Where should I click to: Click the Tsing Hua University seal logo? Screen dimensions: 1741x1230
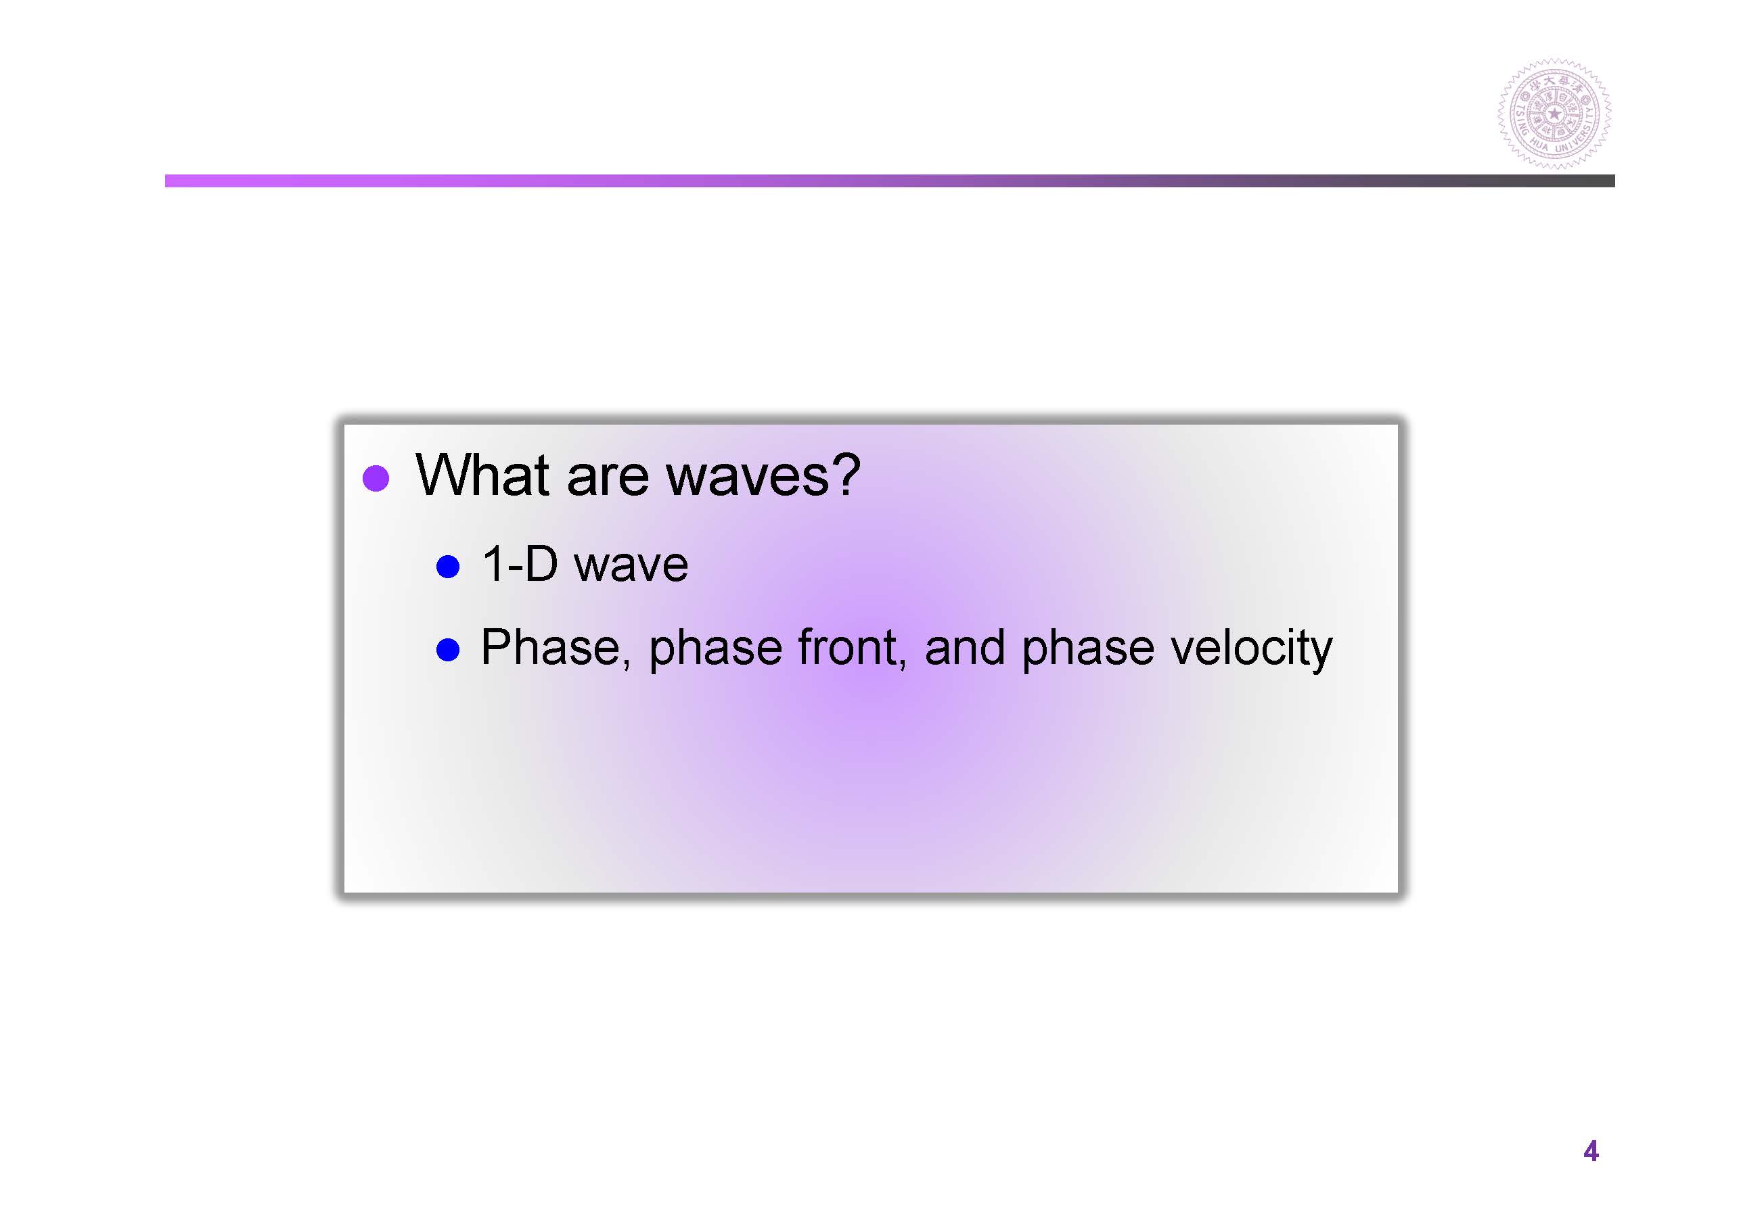coord(1554,114)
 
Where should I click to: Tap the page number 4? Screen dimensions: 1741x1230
coord(1591,1151)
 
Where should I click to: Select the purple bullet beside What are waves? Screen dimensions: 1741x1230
coord(376,478)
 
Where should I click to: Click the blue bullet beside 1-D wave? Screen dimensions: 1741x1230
coord(448,566)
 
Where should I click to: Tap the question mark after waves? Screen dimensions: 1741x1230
coord(846,475)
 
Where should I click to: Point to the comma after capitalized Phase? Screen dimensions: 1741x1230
coord(627,664)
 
